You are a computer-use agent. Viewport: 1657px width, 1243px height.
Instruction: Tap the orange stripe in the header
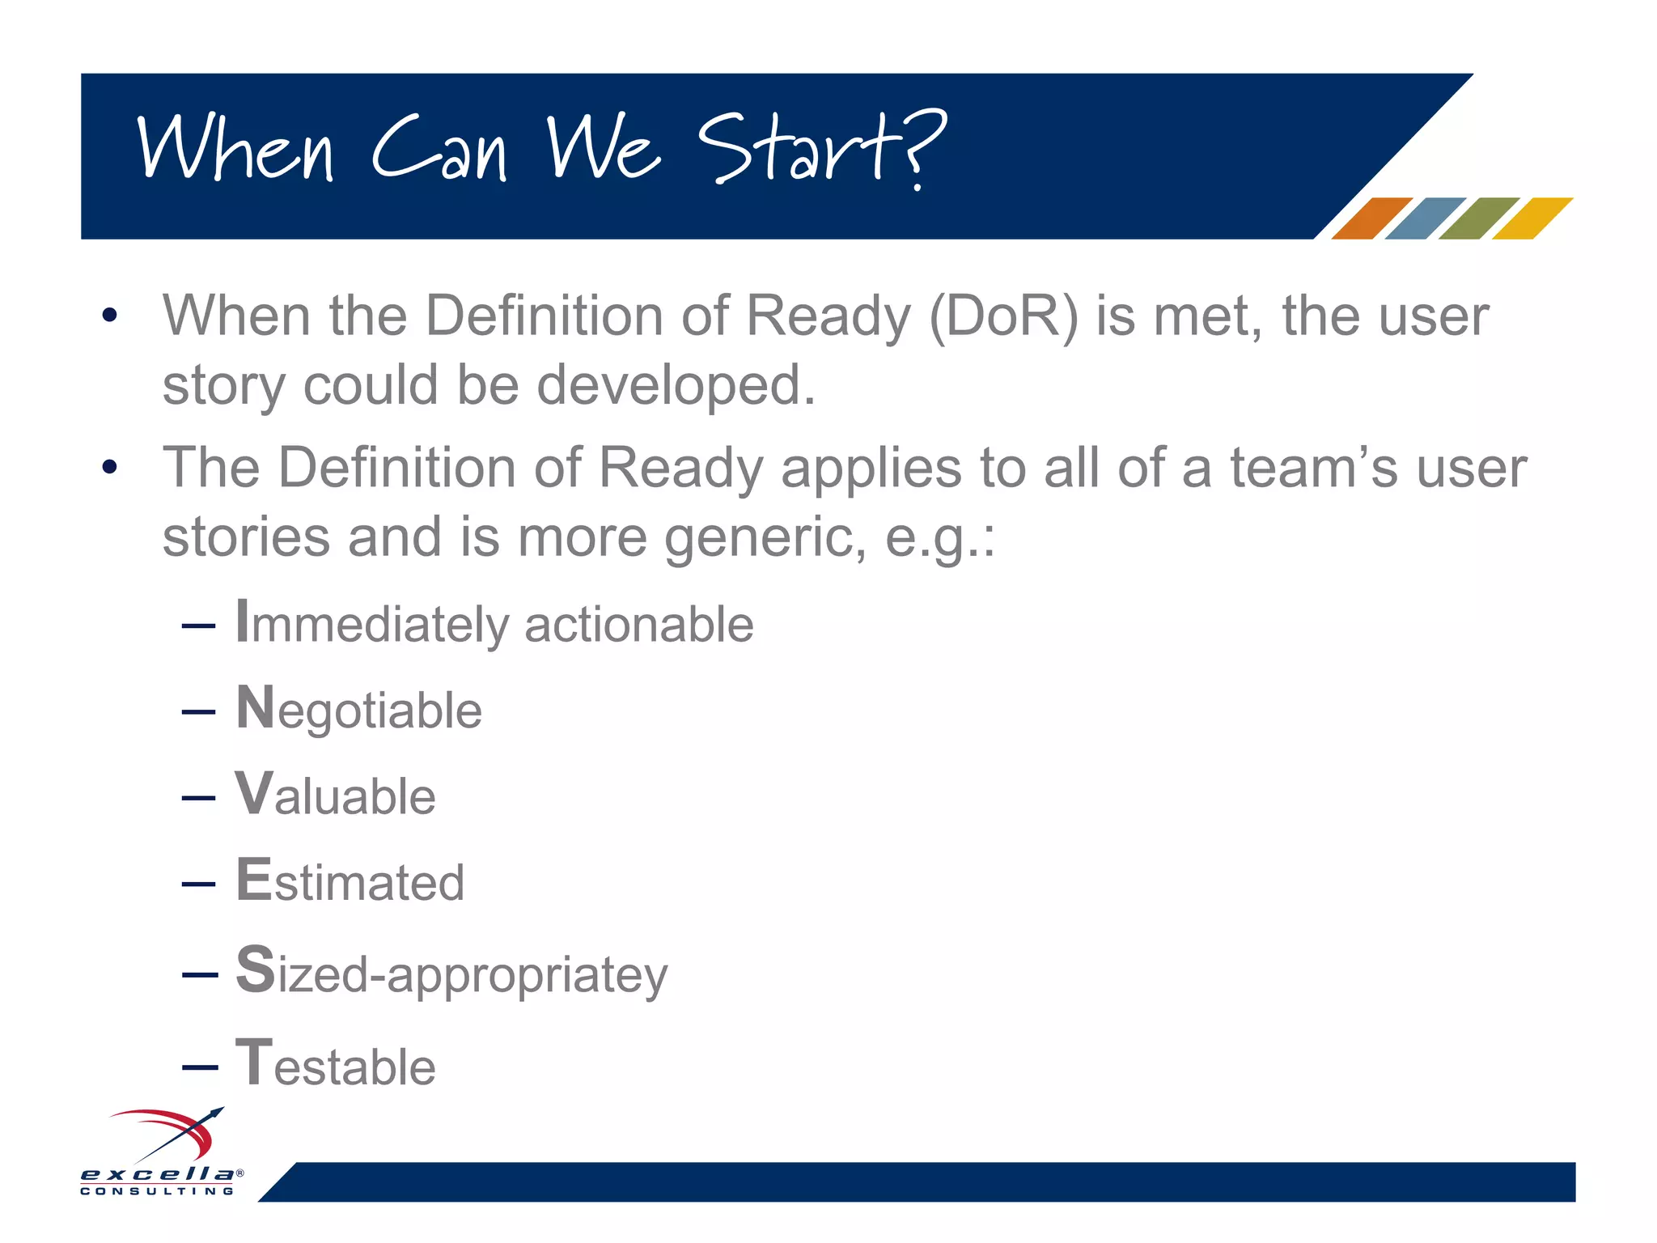click(1371, 218)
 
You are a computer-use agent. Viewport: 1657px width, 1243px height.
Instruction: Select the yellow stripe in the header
click(1532, 218)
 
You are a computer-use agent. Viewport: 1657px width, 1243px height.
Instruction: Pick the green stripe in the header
click(1478, 218)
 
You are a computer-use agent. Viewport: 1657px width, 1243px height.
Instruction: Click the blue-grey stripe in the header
click(1424, 218)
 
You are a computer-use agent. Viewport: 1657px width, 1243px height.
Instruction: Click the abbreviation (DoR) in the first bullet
click(1003, 316)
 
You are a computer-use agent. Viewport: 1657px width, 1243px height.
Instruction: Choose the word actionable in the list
click(638, 625)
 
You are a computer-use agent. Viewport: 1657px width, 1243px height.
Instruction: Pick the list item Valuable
click(335, 795)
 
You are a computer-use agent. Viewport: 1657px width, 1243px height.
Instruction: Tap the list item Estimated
click(350, 881)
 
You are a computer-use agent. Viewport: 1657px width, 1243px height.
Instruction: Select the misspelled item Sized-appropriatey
click(451, 974)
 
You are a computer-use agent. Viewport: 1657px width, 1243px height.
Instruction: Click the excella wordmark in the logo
click(158, 1173)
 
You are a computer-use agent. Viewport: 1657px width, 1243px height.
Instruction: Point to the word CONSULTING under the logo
click(157, 1191)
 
